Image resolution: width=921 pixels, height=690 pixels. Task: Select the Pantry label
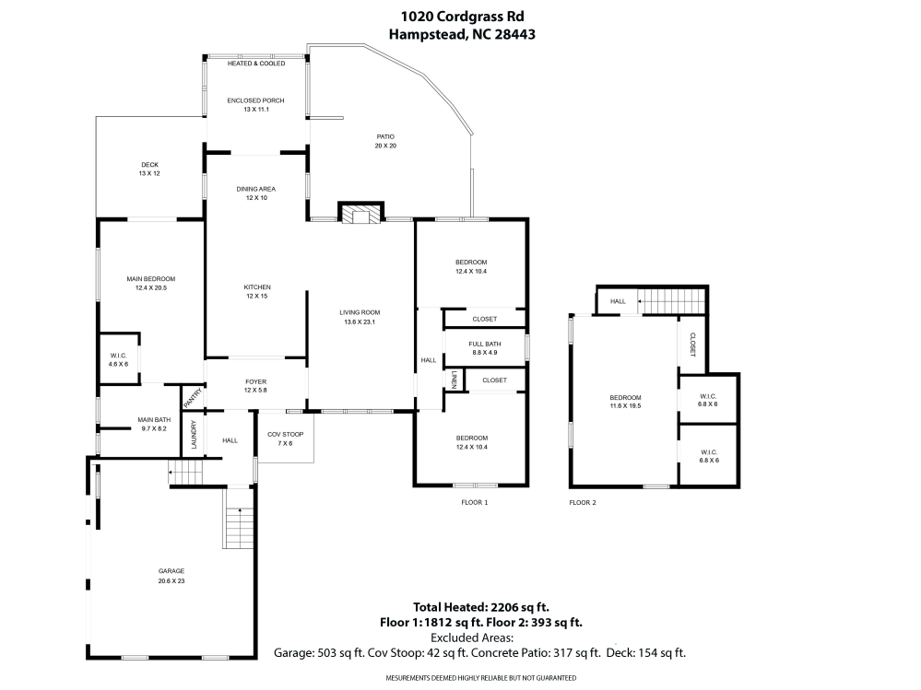tap(193, 398)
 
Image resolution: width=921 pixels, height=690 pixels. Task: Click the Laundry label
tap(194, 435)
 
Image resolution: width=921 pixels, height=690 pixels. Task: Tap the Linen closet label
tap(454, 380)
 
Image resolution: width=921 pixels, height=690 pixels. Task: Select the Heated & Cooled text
tap(256, 64)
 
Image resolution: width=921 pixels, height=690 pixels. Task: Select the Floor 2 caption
tap(583, 503)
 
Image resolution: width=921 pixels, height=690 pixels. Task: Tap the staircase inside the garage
tap(238, 528)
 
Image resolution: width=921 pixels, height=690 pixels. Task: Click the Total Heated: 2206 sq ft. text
tap(480, 607)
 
